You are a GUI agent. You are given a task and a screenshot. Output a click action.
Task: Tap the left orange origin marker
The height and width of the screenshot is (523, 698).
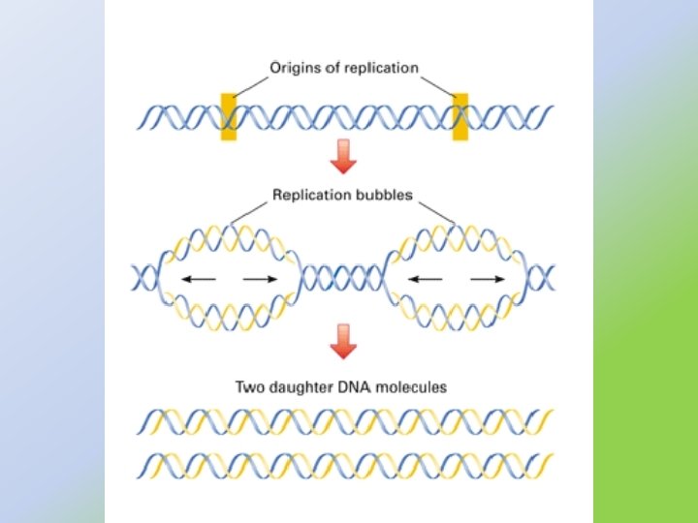click(x=229, y=117)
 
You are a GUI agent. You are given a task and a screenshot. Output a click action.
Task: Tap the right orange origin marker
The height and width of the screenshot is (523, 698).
click(x=460, y=117)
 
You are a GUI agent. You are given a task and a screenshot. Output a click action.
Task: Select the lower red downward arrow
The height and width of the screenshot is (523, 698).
click(x=341, y=341)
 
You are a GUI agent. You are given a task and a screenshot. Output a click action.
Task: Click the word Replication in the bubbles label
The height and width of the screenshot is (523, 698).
click(x=309, y=196)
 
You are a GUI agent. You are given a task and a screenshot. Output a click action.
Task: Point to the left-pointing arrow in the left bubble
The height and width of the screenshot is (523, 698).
click(x=198, y=279)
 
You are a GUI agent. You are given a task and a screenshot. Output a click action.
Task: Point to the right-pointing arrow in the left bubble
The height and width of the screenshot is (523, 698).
click(x=260, y=279)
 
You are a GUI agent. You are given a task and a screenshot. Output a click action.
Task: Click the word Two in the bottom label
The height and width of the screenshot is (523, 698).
click(x=249, y=386)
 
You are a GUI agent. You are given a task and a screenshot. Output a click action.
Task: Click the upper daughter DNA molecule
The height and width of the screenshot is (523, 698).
click(x=344, y=421)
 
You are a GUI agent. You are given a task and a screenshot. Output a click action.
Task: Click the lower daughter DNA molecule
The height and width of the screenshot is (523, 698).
click(x=344, y=463)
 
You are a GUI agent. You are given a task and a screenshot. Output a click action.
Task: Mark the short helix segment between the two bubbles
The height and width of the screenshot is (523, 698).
click(x=344, y=279)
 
